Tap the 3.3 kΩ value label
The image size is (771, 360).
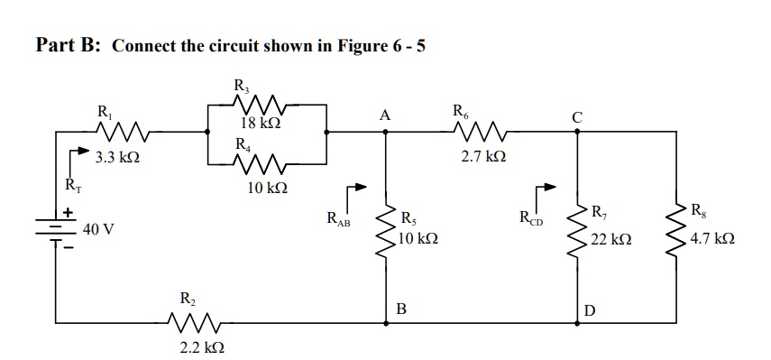(x=117, y=158)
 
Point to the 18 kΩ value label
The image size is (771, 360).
(x=262, y=123)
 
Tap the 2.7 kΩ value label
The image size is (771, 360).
(x=480, y=158)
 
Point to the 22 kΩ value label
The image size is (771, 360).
(x=611, y=241)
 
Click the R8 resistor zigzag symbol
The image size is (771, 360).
(x=676, y=227)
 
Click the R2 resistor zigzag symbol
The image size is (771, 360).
(x=192, y=319)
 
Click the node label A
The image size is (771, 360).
(x=385, y=115)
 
